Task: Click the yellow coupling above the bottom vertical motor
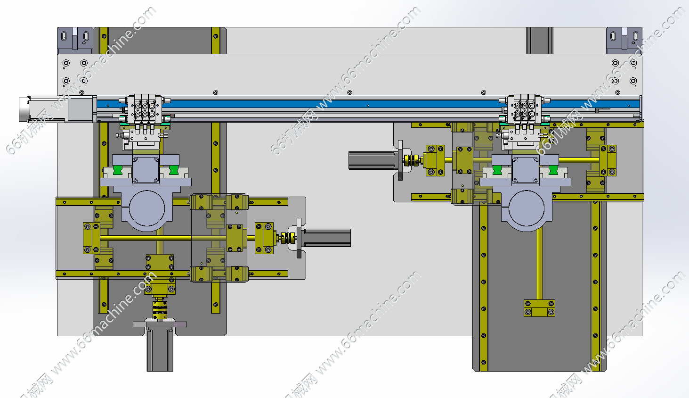click(x=160, y=309)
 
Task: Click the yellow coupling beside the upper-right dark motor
click(x=412, y=160)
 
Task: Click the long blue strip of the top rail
click(x=330, y=103)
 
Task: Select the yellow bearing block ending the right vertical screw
click(x=539, y=308)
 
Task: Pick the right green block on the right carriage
click(x=554, y=170)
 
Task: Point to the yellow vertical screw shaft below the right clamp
click(x=539, y=264)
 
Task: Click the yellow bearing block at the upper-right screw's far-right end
click(x=608, y=161)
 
